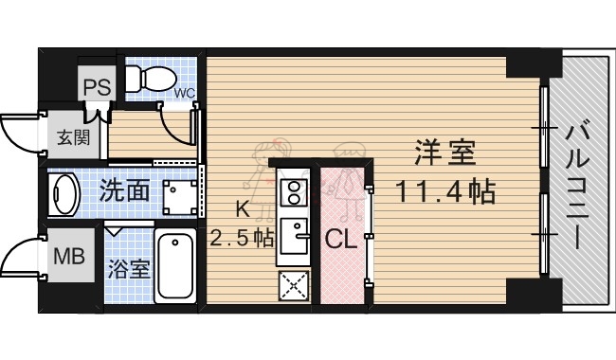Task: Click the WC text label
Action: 185,93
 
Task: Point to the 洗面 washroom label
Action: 124,191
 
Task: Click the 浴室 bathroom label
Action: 127,268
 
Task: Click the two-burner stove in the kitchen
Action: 292,192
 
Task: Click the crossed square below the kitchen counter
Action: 292,284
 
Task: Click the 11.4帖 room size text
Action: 444,192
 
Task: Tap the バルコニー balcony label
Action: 576,186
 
